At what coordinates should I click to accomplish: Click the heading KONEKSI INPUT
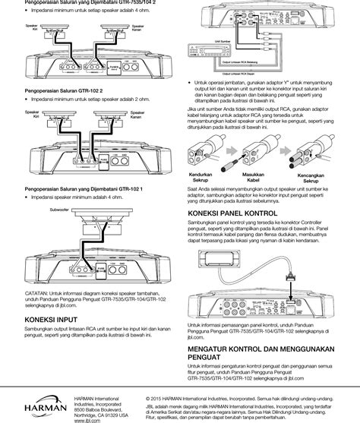[x=51, y=320]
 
